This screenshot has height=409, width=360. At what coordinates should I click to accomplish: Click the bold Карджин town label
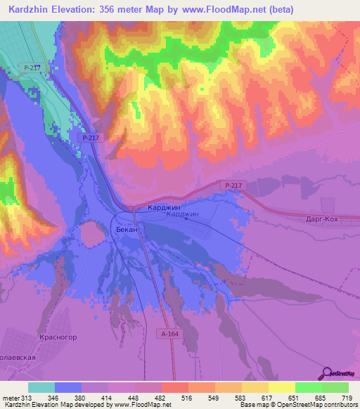pyautogui.click(x=164, y=209)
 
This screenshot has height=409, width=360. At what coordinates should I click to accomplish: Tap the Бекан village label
pyautogui.click(x=127, y=230)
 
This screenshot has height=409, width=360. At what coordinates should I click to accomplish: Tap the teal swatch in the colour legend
pyautogui.click(x=41, y=387)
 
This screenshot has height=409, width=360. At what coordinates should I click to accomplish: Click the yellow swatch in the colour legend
pyautogui.click(x=282, y=387)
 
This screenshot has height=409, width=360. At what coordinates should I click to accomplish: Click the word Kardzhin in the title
pyautogui.click(x=29, y=10)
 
